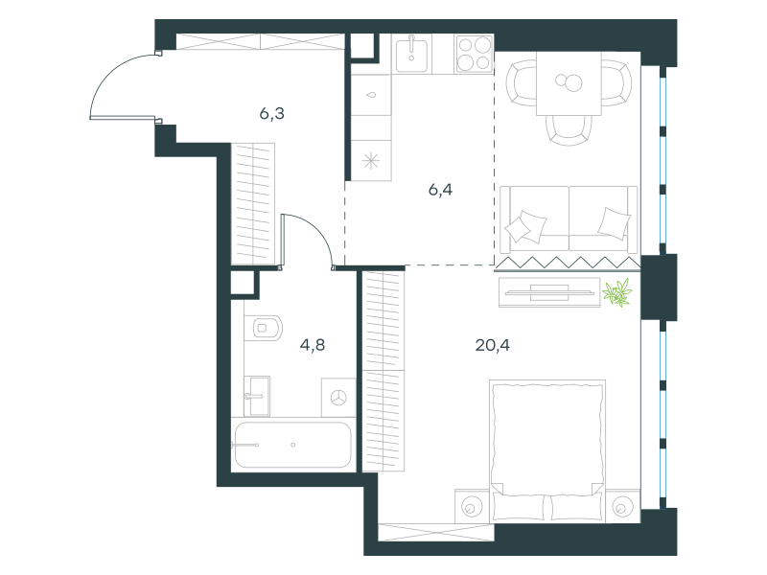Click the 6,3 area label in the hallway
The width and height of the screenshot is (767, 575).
tap(272, 114)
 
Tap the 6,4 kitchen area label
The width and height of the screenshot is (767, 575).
tap(440, 190)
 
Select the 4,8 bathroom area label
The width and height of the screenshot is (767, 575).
tap(313, 345)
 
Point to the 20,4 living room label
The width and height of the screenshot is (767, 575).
tap(492, 345)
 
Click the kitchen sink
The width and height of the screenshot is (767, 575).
tap(411, 54)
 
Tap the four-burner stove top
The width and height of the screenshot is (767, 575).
tap(474, 54)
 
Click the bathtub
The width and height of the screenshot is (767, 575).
tap(293, 445)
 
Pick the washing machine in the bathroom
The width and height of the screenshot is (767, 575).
tap(338, 398)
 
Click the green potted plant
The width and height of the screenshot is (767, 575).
tap(617, 293)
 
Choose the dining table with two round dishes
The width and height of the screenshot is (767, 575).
tap(569, 83)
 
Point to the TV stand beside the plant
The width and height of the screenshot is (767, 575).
tap(549, 292)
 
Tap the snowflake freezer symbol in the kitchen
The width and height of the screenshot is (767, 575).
tap(371, 161)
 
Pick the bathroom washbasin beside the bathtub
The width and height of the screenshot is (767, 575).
tap(257, 396)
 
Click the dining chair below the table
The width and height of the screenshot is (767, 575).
tap(569, 130)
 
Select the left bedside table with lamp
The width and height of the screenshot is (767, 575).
tap(472, 506)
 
